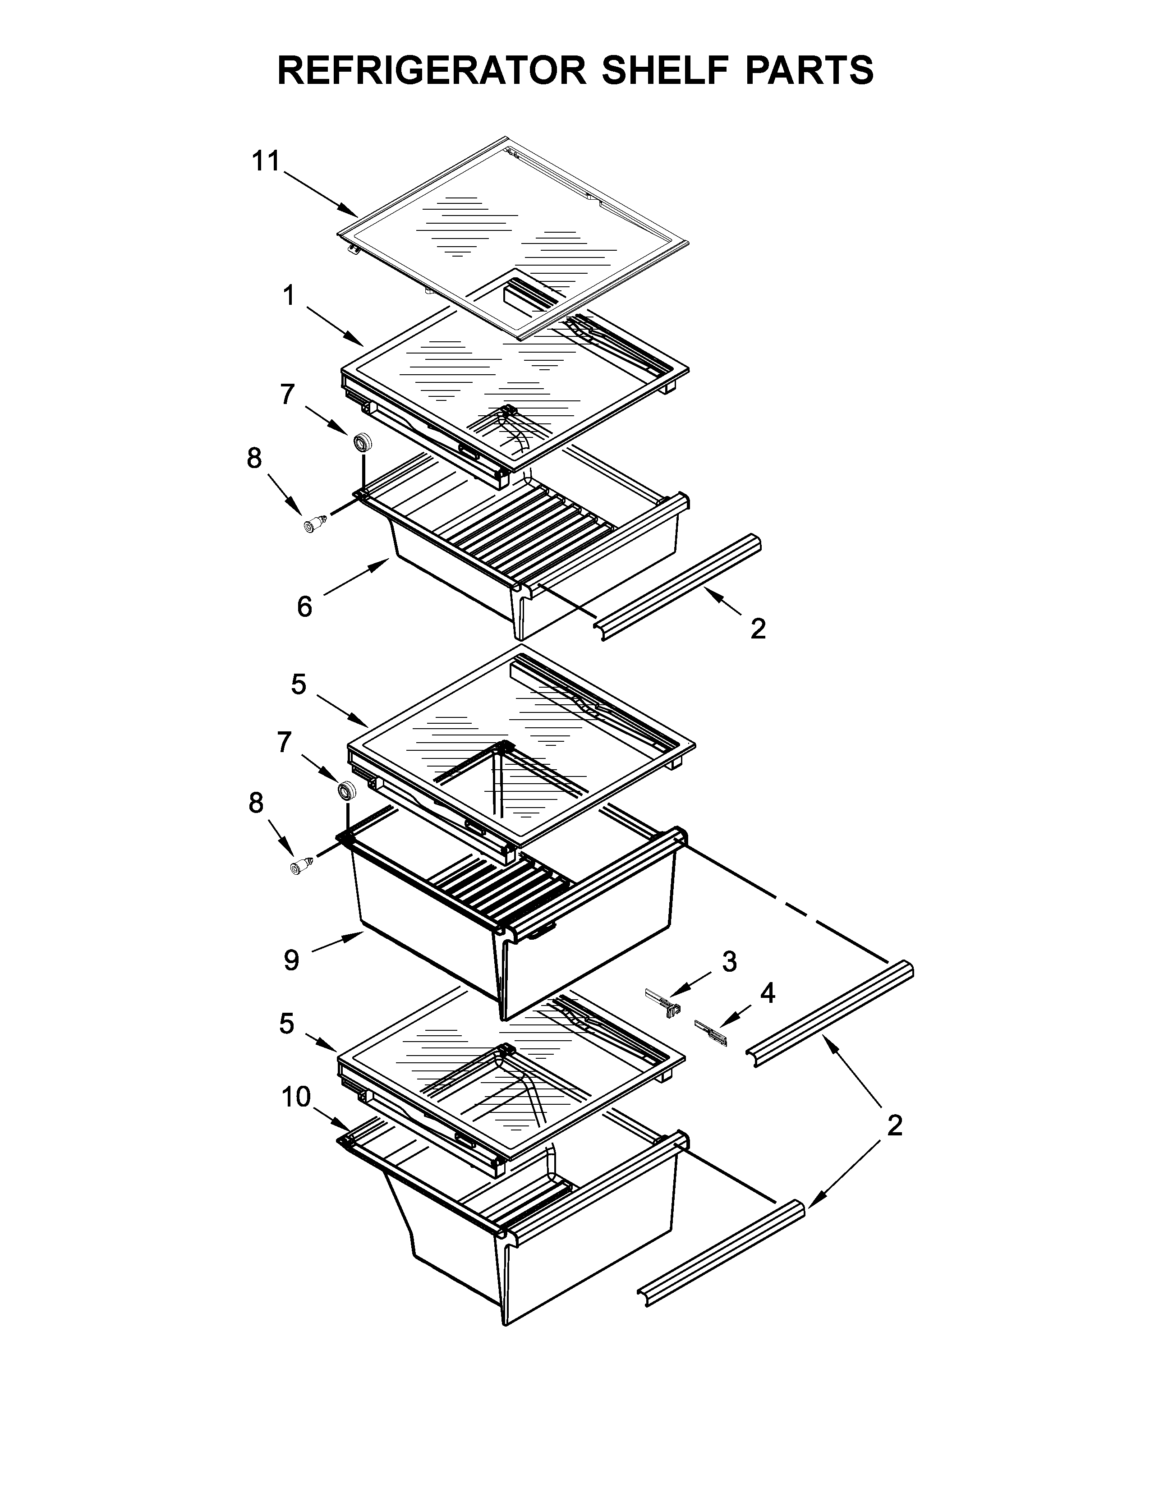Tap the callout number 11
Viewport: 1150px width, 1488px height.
[x=266, y=161]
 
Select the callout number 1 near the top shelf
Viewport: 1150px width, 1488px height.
[x=289, y=296]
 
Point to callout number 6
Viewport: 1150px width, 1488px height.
[x=304, y=606]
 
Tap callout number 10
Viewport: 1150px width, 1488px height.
[x=296, y=1097]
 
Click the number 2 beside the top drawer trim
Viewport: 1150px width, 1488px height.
[x=758, y=628]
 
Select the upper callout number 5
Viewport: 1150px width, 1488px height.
[x=299, y=684]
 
